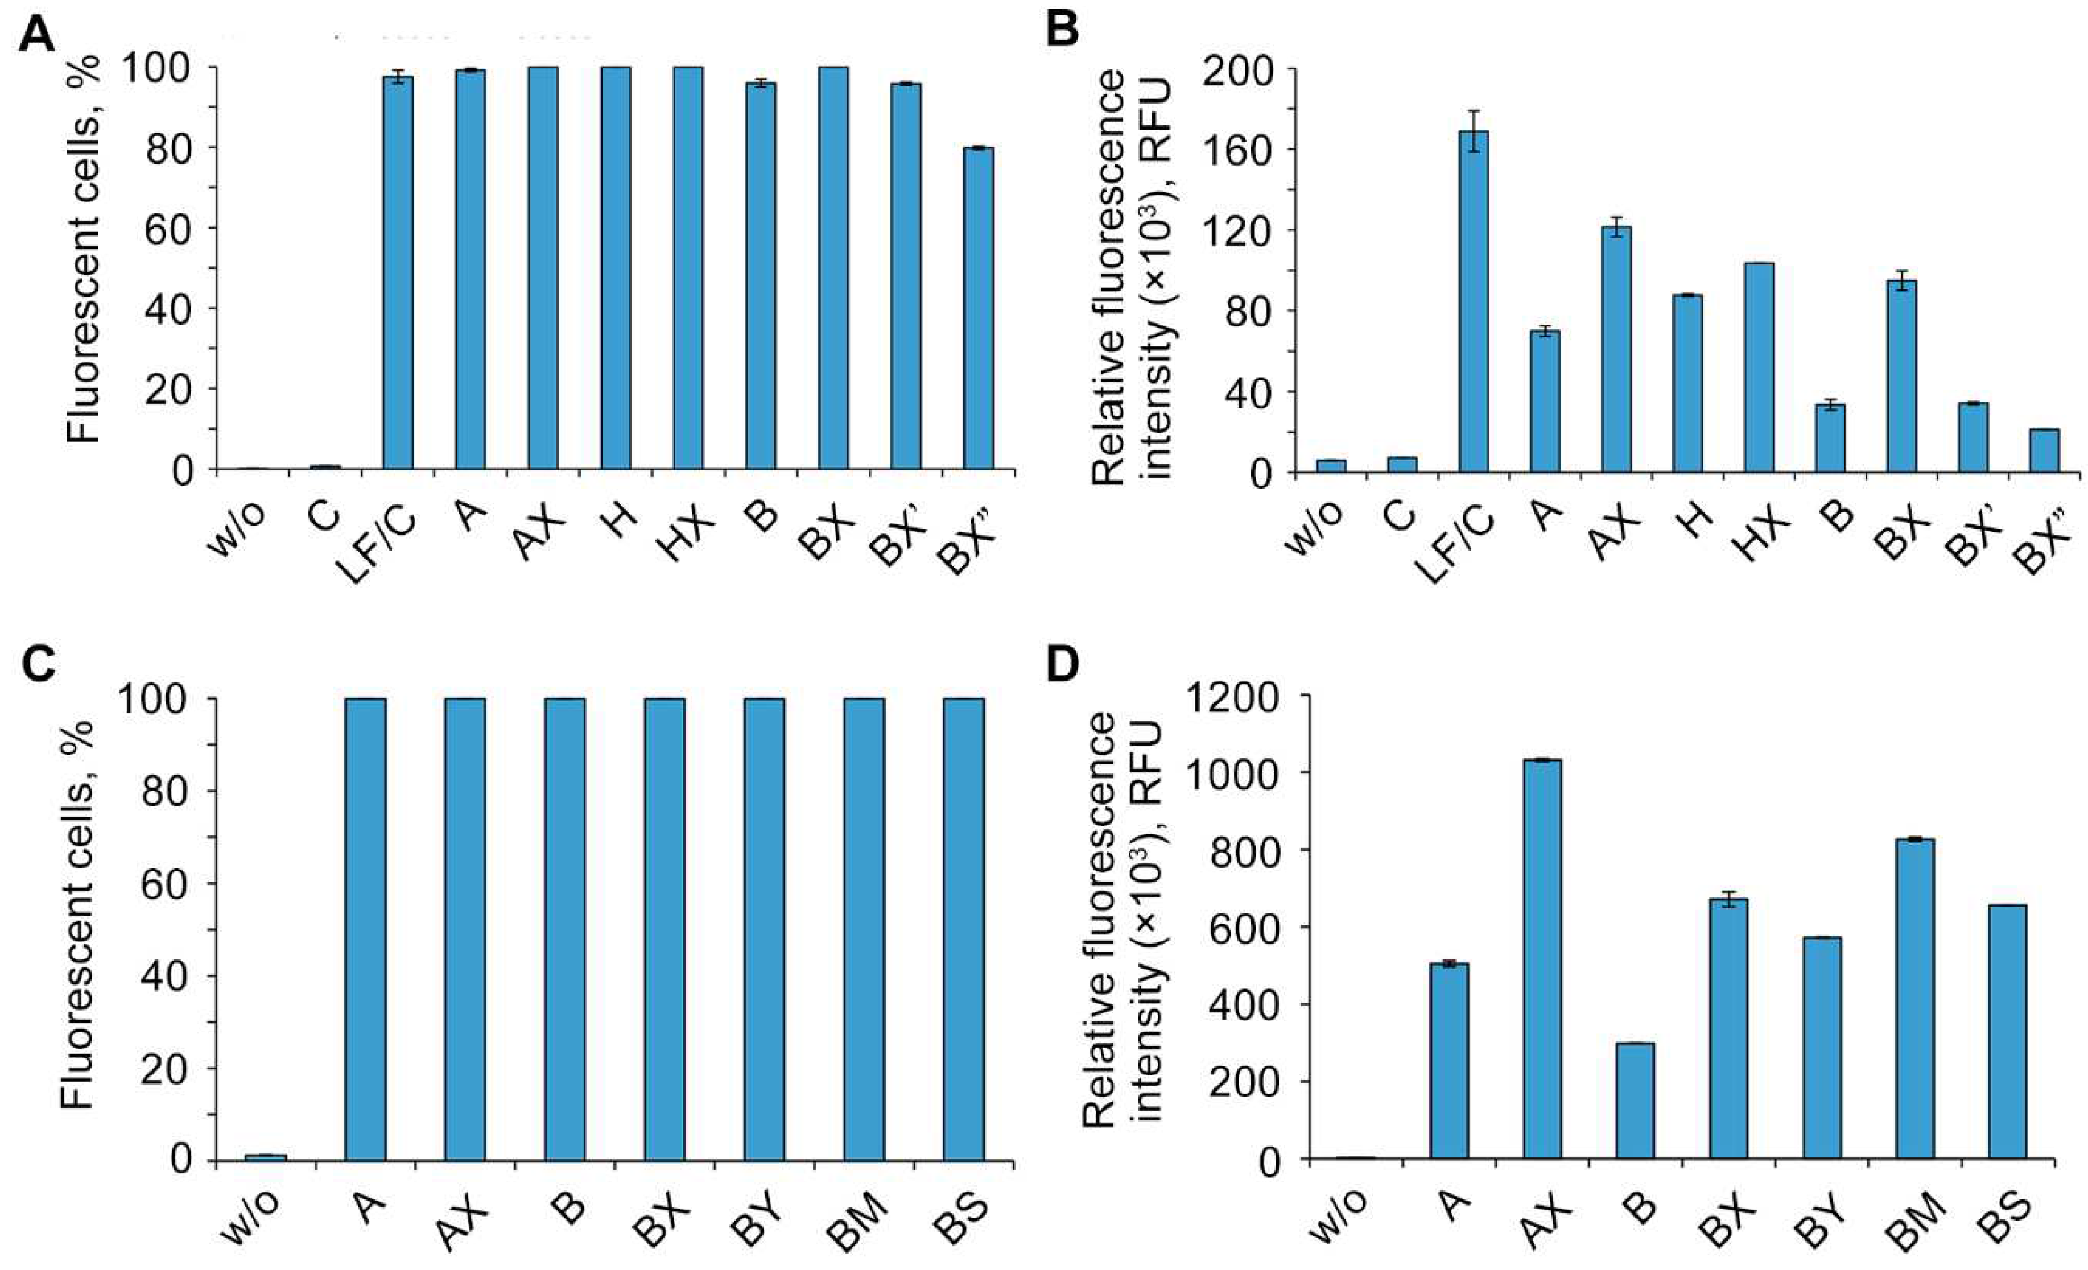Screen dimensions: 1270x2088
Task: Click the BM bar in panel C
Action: coord(864,929)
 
